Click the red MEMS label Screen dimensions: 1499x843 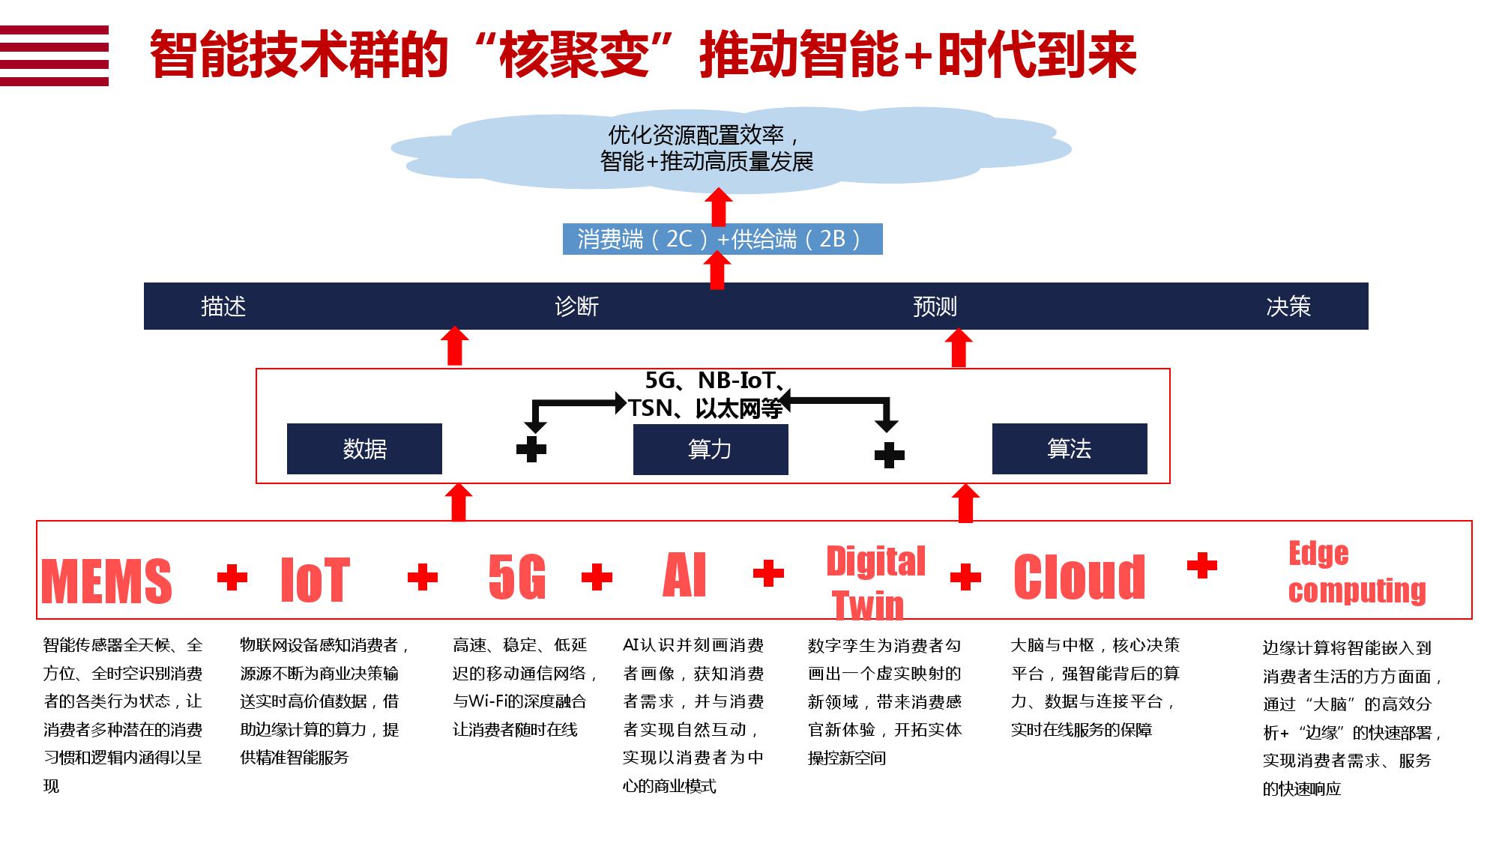[106, 581]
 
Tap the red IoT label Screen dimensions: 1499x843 [315, 580]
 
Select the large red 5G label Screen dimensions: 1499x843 [517, 577]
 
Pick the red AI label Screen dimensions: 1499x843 [685, 575]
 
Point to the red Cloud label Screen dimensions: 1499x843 [1079, 577]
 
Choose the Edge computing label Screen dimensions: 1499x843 [1357, 572]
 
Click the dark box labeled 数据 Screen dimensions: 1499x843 [364, 449]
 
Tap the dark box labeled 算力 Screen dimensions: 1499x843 [711, 450]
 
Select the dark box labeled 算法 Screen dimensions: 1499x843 [1070, 449]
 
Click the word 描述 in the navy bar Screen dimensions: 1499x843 [223, 306]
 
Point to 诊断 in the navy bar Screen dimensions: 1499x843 [576, 306]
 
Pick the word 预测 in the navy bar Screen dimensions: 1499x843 [935, 306]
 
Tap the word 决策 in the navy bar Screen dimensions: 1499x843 [1288, 306]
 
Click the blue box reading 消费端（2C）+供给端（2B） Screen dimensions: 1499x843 [723, 239]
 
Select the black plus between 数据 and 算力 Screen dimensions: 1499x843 [531, 449]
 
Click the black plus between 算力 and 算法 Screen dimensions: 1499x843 [890, 455]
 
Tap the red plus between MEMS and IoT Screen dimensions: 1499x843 [232, 577]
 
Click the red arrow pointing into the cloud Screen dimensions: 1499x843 [719, 207]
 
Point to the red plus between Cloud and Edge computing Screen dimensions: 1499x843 [1202, 566]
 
